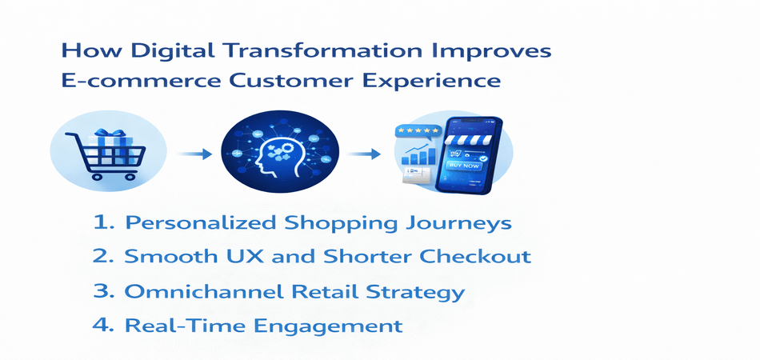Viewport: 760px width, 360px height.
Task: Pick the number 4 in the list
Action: coord(99,326)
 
